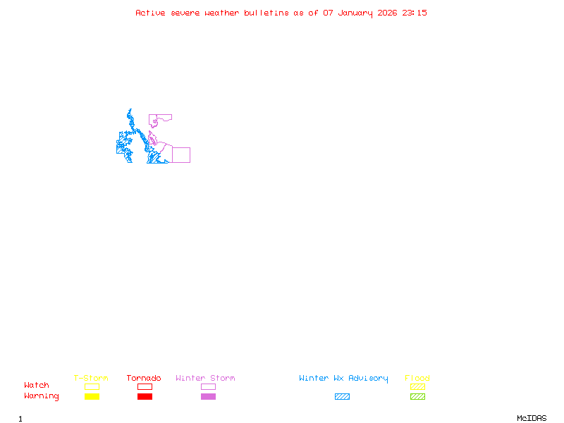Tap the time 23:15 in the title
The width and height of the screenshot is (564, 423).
pyautogui.click(x=415, y=13)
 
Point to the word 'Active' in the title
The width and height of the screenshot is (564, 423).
pyautogui.click(x=151, y=13)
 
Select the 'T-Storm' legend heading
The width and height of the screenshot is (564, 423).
pyautogui.click(x=91, y=379)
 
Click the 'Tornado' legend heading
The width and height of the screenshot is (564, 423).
pyautogui.click(x=144, y=379)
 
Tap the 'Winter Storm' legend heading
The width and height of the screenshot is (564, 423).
pyautogui.click(x=205, y=379)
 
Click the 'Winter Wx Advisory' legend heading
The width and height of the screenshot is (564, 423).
pyautogui.click(x=343, y=379)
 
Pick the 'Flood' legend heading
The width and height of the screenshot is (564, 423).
pyautogui.click(x=417, y=379)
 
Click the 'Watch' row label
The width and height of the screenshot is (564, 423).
pyautogui.click(x=37, y=386)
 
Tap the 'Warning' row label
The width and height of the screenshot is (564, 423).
pyautogui.click(x=42, y=396)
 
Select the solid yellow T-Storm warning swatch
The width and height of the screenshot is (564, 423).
pyautogui.click(x=92, y=397)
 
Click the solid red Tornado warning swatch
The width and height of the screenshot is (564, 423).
pyautogui.click(x=145, y=397)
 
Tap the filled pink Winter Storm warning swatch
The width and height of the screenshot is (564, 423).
pyautogui.click(x=208, y=397)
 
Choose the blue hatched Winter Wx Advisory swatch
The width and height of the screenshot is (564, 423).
pyautogui.click(x=342, y=397)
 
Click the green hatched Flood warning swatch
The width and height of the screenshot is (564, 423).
pyautogui.click(x=417, y=397)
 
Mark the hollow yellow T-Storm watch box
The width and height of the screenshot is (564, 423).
pyautogui.click(x=92, y=386)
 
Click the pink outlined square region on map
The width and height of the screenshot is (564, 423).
pyautogui.click(x=181, y=155)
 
